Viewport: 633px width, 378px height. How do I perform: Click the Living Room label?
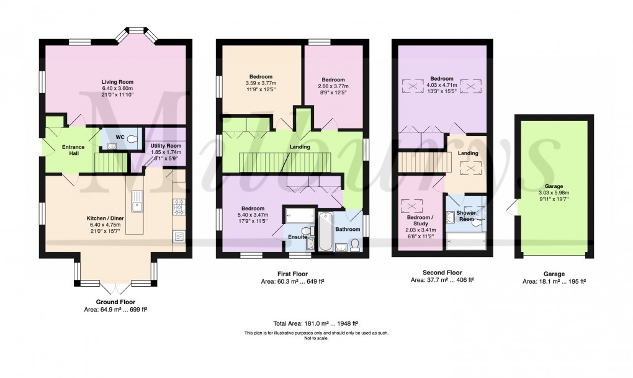pyautogui.click(x=117, y=82)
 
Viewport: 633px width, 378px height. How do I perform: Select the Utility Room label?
pyautogui.click(x=166, y=146)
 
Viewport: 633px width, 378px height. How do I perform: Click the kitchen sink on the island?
pyautogui.click(x=137, y=201)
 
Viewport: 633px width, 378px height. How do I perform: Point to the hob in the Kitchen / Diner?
pyautogui.click(x=179, y=207)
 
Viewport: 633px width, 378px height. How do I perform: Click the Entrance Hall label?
pyautogui.click(x=73, y=150)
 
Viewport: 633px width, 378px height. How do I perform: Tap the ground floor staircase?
pyautogui.click(x=110, y=163)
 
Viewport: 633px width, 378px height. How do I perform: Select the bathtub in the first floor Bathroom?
pyautogui.click(x=325, y=232)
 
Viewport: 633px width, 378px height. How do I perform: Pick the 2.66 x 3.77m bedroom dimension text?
pyautogui.click(x=333, y=86)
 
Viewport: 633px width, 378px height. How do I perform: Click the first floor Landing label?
pyautogui.click(x=300, y=146)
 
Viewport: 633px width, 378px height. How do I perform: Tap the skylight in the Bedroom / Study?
pyautogui.click(x=412, y=206)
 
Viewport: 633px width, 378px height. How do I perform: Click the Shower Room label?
pyautogui.click(x=466, y=215)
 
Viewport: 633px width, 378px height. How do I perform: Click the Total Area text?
pyautogui.click(x=316, y=323)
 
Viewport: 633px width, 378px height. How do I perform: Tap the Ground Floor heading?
pyautogui.click(x=115, y=302)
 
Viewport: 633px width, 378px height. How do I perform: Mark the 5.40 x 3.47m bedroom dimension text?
pyautogui.click(x=253, y=215)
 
